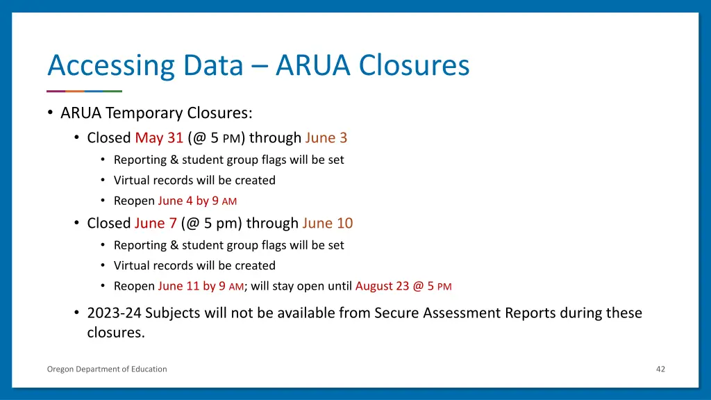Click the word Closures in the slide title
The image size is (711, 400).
(x=414, y=66)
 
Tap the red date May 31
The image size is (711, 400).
(x=159, y=137)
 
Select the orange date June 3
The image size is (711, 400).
(x=326, y=137)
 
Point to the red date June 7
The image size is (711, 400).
(x=156, y=223)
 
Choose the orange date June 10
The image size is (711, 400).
(x=328, y=223)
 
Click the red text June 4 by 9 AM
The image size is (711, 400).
(x=197, y=201)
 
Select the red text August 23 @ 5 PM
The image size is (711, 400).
(x=403, y=286)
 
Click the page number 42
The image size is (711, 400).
(x=660, y=369)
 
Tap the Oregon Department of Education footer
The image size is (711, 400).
(x=107, y=369)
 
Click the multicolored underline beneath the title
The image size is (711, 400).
(x=84, y=91)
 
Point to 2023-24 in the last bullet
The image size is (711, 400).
(x=114, y=313)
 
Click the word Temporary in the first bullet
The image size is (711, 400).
(x=139, y=112)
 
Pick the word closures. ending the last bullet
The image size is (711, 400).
(x=116, y=332)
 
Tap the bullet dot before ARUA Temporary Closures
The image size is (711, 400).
(x=51, y=112)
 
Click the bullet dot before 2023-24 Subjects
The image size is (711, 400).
(x=76, y=313)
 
